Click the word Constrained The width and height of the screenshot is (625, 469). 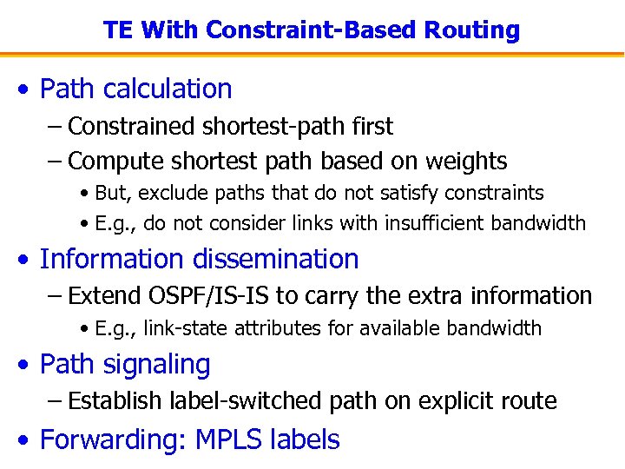pyautogui.click(x=132, y=127)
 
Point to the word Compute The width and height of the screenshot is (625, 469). pyautogui.click(x=110, y=162)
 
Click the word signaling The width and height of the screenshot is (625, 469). pyautogui.click(x=165, y=365)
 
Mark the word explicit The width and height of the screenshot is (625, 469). pyautogui.click(x=459, y=401)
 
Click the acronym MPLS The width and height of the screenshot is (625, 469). pyautogui.click(x=228, y=439)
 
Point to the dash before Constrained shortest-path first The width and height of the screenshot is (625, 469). pyautogui.click(x=55, y=128)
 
